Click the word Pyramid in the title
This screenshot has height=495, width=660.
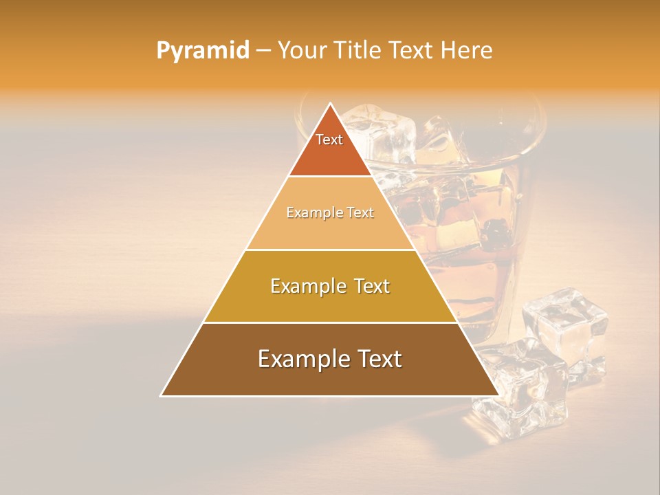203,51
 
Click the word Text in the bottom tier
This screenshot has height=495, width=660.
377,360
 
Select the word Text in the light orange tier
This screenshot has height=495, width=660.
360,213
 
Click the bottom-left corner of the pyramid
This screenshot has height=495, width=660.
162,395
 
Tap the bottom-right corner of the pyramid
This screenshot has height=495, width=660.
498,395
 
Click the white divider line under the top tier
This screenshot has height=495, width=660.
330,177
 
